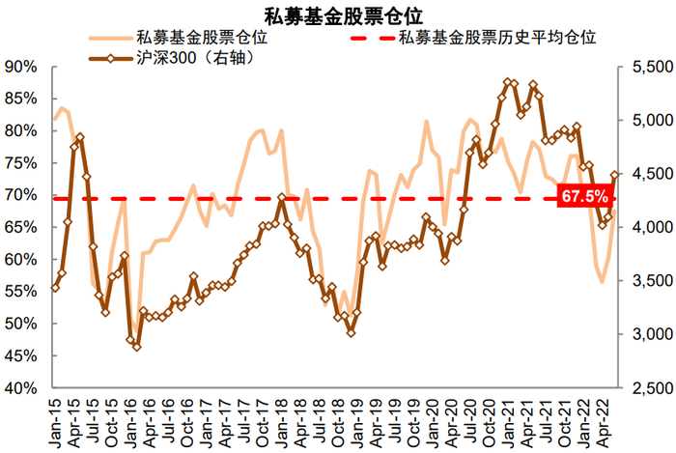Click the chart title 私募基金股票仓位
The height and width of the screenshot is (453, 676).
338,14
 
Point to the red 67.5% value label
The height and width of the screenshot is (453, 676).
584,198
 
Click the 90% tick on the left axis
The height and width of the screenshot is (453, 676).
21,68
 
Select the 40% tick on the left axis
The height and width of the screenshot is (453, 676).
21,388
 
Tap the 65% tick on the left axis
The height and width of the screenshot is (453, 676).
21,228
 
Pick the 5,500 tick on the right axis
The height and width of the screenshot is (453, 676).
642,68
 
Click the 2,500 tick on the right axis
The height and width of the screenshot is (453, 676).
642,388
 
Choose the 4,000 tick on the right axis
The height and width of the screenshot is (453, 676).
642,228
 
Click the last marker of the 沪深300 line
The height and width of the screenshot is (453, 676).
615,175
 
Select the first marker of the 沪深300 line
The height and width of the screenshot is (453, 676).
55,288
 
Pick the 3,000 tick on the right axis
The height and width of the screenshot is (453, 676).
642,335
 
